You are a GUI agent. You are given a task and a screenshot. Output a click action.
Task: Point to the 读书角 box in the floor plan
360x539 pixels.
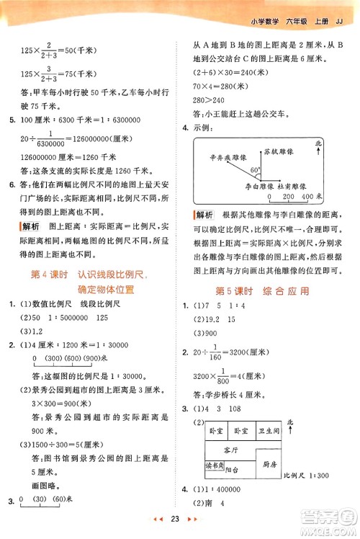tap(216, 465)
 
